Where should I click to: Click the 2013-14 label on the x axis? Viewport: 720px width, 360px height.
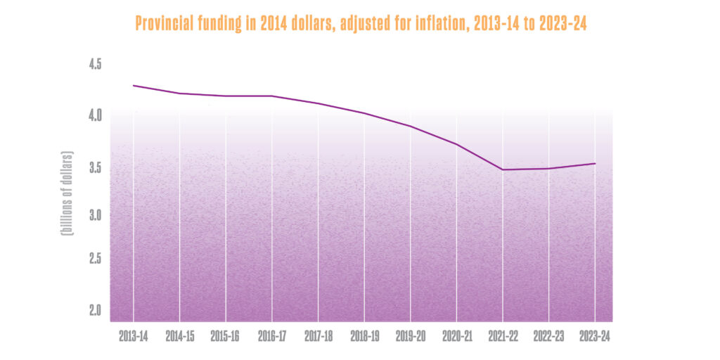pyautogui.click(x=134, y=337)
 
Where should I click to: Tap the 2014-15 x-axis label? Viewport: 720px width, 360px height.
pyautogui.click(x=180, y=337)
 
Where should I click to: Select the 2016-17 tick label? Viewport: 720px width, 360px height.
pyautogui.click(x=272, y=337)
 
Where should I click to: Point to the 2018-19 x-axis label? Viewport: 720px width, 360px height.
pyautogui.click(x=364, y=337)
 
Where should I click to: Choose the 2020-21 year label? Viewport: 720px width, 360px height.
pyautogui.click(x=457, y=337)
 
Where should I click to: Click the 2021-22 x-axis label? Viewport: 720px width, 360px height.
pyautogui.click(x=503, y=337)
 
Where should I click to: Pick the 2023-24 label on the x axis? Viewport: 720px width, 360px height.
pyautogui.click(x=595, y=337)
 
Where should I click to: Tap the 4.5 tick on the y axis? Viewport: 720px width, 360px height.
pyautogui.click(x=95, y=65)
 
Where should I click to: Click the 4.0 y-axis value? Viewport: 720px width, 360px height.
pyautogui.click(x=95, y=114)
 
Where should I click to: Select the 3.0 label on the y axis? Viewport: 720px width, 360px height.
pyautogui.click(x=95, y=214)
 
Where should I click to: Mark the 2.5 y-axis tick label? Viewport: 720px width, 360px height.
pyautogui.click(x=95, y=259)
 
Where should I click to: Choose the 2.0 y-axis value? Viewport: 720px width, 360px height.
pyautogui.click(x=95, y=310)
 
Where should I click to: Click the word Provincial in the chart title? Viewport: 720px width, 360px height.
pyautogui.click(x=161, y=24)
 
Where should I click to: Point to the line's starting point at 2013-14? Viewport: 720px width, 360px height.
pyautogui.click(x=134, y=86)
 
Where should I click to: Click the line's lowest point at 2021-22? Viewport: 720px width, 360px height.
pyautogui.click(x=503, y=169)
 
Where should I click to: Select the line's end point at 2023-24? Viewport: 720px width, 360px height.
pyautogui.click(x=595, y=164)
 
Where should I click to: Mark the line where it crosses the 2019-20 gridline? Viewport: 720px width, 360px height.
pyautogui.click(x=411, y=127)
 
